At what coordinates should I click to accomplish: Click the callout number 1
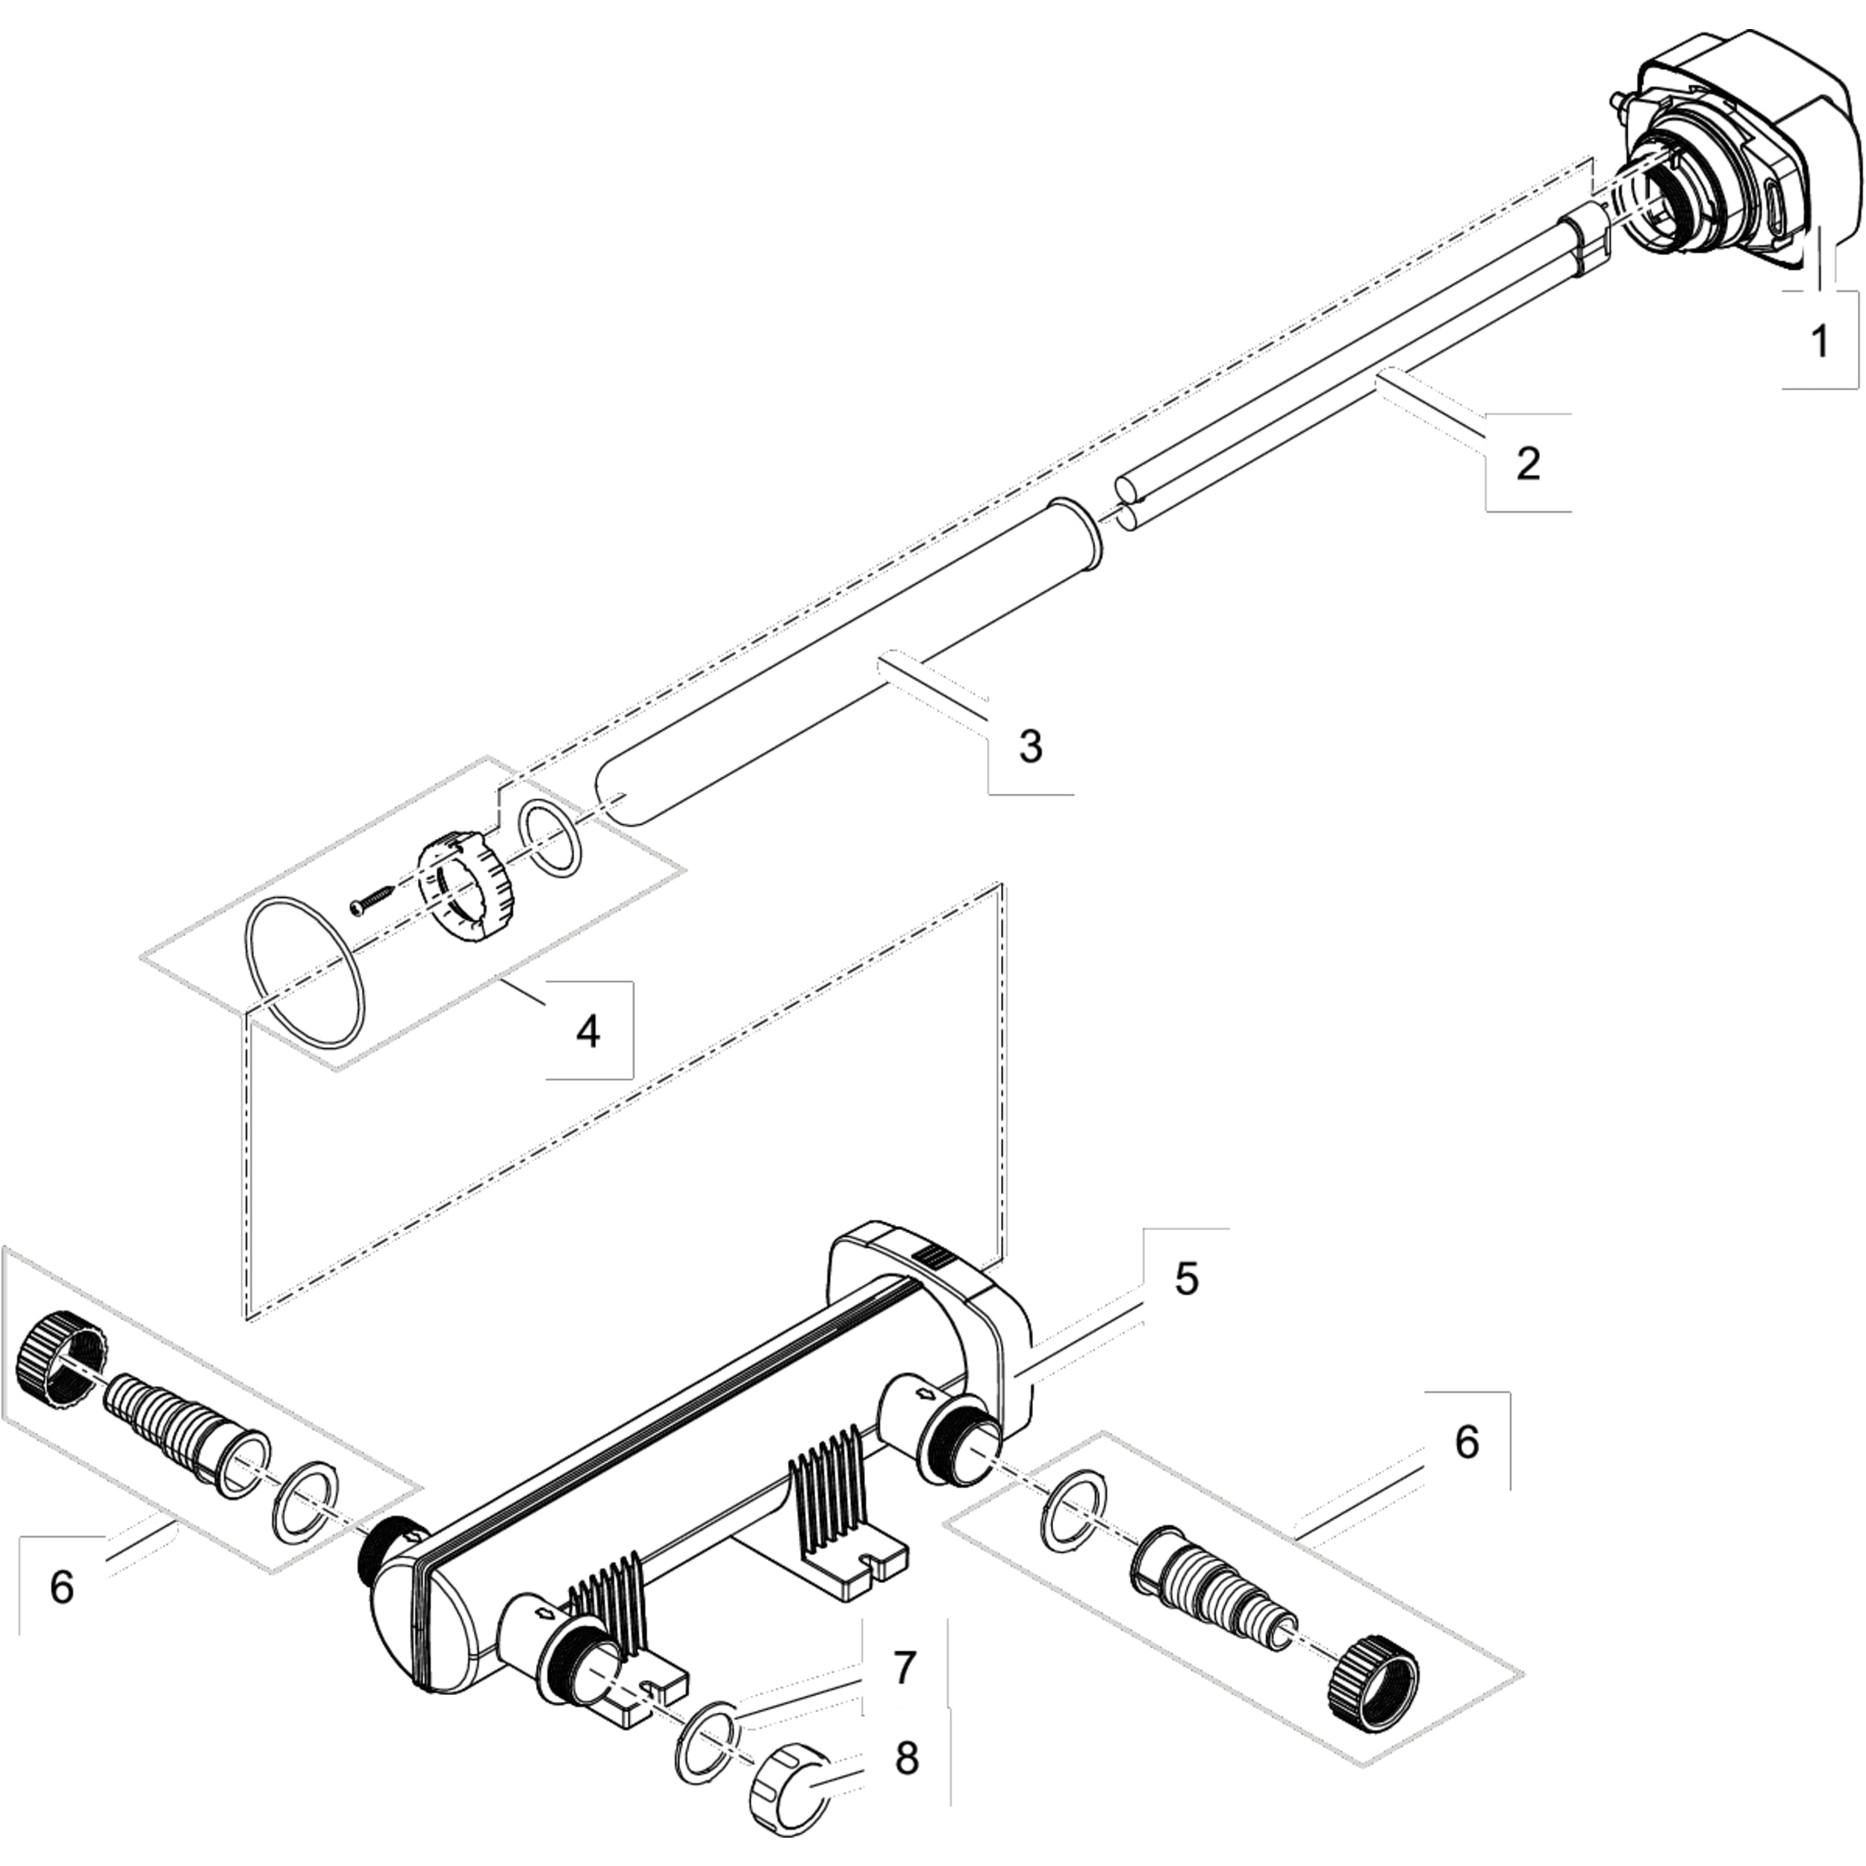(x=1820, y=341)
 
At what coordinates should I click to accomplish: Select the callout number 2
(x=1528, y=464)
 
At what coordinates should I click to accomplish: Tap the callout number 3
(x=1031, y=746)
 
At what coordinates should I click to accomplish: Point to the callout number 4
(x=587, y=1032)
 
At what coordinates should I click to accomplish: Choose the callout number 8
(x=906, y=1759)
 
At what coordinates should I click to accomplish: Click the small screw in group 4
(x=372, y=901)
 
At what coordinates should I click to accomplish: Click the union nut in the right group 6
(x=1373, y=1682)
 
